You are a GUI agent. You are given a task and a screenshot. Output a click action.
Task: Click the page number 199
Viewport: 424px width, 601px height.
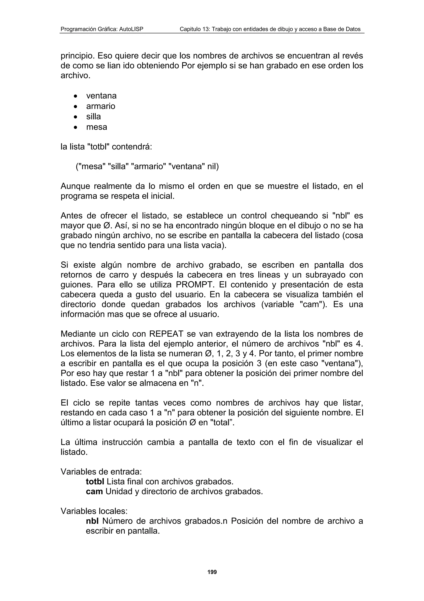pos(212,572)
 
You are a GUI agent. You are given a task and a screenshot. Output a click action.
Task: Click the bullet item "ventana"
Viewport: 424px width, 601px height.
pos(101,96)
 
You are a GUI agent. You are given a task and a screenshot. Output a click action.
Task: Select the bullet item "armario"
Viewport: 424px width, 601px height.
pos(101,106)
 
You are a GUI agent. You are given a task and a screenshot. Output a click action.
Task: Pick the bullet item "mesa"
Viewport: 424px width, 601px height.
pos(96,127)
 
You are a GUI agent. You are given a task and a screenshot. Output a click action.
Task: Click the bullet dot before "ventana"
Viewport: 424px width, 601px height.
pos(76,96)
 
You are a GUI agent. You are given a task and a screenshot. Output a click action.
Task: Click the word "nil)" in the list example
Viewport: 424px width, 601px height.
pos(213,166)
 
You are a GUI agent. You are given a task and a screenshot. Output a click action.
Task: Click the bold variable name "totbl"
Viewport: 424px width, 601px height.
pos(95,481)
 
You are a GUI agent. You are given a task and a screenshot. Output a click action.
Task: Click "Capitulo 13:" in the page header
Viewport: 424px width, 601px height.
pos(194,29)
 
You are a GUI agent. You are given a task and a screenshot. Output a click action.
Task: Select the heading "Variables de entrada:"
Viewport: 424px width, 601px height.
pos(101,471)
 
